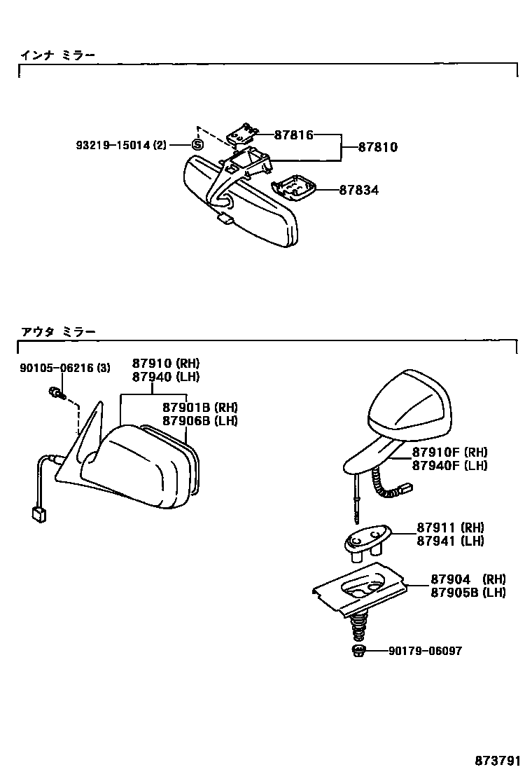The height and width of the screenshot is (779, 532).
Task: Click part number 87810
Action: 378,147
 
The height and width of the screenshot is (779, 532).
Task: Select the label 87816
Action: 293,135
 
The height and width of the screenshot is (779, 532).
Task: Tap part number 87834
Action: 359,190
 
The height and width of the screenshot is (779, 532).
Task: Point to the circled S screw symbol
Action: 197,145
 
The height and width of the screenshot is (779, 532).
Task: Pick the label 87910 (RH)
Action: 166,364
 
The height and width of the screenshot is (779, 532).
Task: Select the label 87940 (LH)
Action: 166,376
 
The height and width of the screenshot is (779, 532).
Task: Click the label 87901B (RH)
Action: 200,408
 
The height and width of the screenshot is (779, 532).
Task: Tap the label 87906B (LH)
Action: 200,420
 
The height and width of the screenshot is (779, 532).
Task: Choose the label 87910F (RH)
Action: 449,452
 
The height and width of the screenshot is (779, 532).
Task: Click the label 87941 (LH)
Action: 450,540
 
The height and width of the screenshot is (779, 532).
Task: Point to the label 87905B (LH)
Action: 468,592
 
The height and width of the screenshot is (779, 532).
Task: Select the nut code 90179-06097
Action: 425,651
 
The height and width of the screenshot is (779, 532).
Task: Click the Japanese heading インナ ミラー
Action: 57,55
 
